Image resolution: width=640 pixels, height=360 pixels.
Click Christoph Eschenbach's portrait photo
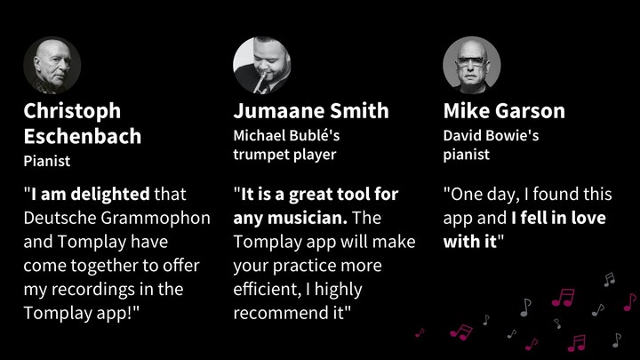pos(52,65)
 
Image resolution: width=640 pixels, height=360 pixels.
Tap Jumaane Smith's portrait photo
pos(261,65)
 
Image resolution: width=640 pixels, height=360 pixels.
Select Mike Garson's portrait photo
pos(471,65)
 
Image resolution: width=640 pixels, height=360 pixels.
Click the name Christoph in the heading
pos(72,111)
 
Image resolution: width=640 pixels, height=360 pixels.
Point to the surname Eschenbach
pos(82,137)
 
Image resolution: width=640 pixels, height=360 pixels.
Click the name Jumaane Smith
pos(310,111)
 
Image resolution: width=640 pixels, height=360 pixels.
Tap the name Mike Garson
pos(503,111)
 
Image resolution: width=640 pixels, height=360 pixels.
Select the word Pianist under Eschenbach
pos(46,162)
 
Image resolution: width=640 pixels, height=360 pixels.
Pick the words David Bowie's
pos(491,136)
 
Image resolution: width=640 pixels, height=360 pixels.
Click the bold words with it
pos(468,242)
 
